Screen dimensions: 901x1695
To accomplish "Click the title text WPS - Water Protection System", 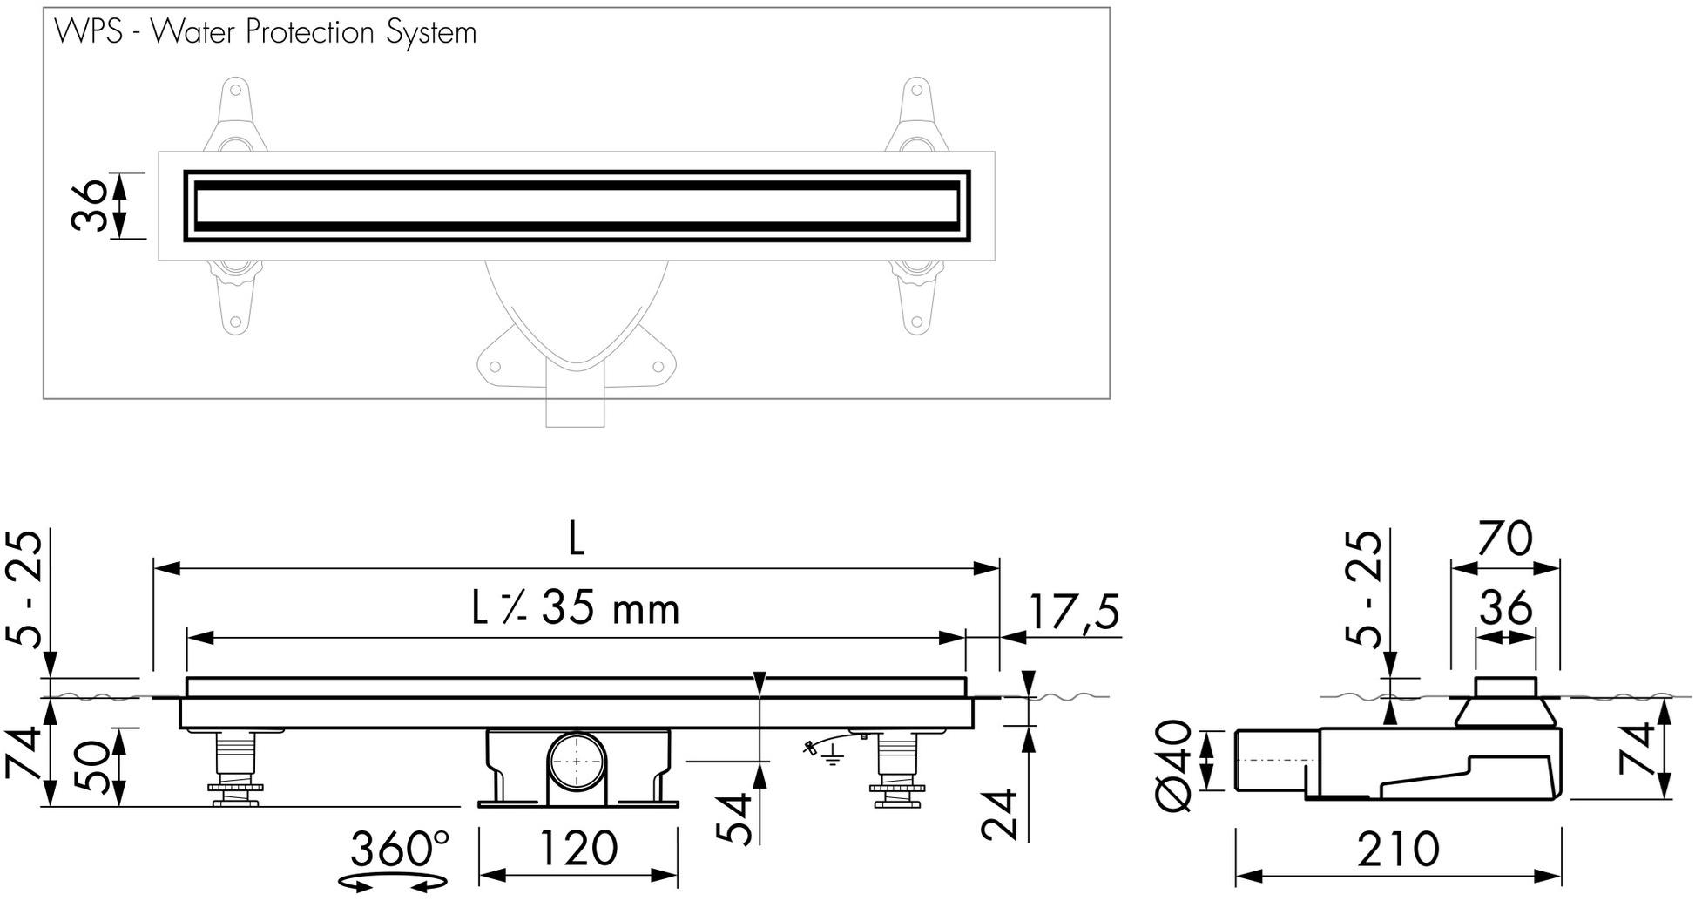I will (265, 33).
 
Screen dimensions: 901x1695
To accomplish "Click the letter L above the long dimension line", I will (576, 540).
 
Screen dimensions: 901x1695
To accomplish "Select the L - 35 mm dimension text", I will (576, 608).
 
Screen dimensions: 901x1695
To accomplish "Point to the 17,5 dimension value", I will (1073, 612).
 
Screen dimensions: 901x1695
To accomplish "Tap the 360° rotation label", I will (400, 849).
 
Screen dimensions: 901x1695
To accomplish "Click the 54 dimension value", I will (736, 819).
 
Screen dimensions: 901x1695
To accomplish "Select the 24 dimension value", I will (1000, 815).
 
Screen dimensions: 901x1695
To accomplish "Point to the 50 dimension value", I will (94, 768).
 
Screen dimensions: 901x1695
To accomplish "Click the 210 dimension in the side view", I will (1397, 849).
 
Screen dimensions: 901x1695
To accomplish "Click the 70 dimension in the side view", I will (1504, 539).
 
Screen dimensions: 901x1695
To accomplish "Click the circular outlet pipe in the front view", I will (577, 762).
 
